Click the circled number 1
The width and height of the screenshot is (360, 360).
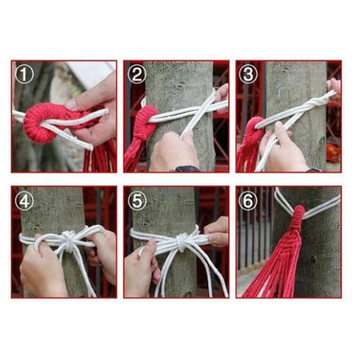click(24, 74)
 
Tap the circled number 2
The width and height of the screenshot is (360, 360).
click(137, 74)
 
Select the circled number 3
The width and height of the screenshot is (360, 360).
click(248, 74)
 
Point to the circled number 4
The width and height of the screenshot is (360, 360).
click(24, 201)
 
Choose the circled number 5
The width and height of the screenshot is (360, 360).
click(137, 201)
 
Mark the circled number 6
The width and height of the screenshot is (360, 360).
click(248, 201)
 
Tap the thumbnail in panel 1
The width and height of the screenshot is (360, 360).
click(70, 105)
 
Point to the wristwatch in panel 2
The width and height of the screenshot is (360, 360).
click(186, 169)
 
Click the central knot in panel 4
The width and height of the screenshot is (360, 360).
click(68, 240)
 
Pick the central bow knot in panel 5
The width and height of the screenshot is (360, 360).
click(182, 241)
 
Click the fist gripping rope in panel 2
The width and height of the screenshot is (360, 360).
click(174, 151)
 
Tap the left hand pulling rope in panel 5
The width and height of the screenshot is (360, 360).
click(142, 267)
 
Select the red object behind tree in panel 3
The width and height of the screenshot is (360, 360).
click(333, 153)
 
